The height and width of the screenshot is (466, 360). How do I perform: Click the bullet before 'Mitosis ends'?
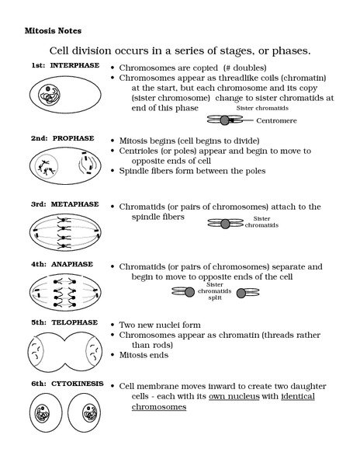[113, 356]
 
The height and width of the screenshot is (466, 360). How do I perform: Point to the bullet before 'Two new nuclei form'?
[113, 325]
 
